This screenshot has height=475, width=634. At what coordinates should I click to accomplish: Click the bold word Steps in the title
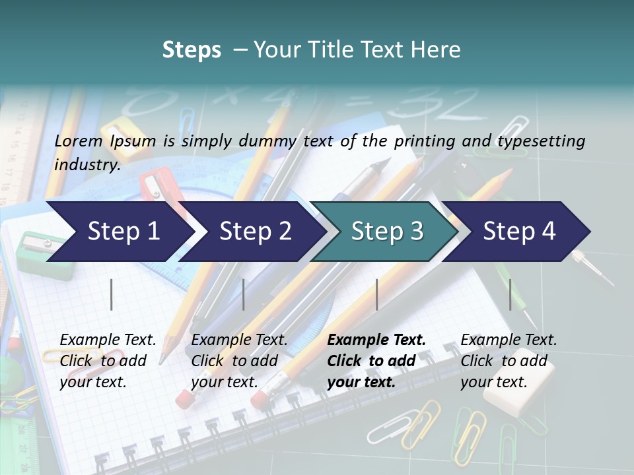[x=192, y=50]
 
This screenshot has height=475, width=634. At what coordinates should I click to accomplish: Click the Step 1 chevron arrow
[x=123, y=232]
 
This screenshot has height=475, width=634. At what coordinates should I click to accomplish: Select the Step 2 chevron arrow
[x=255, y=232]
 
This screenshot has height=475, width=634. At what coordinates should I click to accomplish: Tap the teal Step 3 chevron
[x=387, y=232]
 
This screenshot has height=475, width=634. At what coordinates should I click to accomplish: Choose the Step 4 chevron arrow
[x=519, y=232]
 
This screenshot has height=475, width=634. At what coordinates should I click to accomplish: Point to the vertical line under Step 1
[x=112, y=294]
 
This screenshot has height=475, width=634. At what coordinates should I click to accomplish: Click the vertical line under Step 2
[x=244, y=294]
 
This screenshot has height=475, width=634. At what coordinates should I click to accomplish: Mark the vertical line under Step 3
[x=376, y=294]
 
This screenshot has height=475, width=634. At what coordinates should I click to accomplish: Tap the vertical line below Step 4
[x=510, y=294]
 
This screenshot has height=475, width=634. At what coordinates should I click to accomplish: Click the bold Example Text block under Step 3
[x=376, y=361]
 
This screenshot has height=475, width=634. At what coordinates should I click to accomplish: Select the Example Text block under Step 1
[x=108, y=361]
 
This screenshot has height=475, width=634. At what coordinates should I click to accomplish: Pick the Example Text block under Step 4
[x=508, y=361]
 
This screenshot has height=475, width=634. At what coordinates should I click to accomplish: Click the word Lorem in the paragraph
[x=79, y=141]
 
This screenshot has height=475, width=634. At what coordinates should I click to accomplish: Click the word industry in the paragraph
[x=87, y=165]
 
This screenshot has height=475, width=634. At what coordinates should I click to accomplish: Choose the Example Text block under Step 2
[x=239, y=361]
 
